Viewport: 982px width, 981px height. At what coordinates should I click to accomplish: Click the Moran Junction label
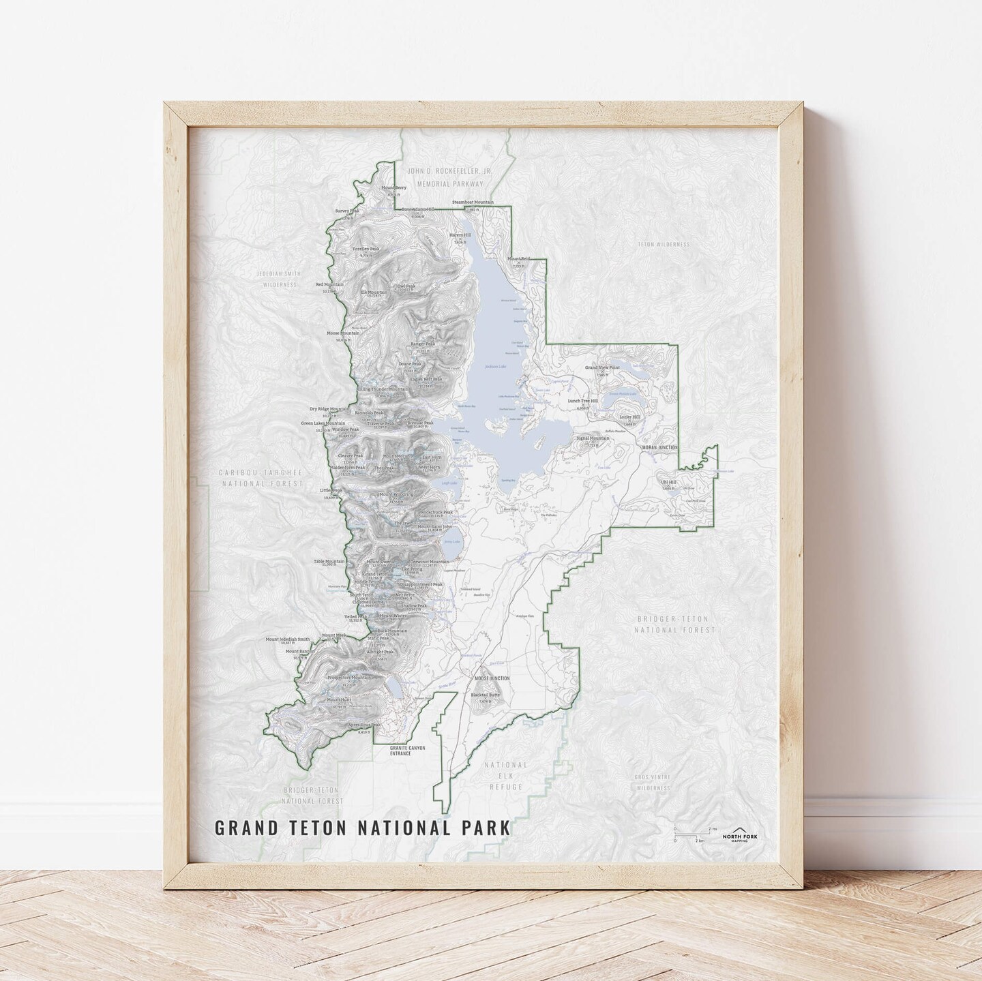[659, 448]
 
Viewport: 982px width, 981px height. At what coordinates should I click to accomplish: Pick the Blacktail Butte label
[486, 695]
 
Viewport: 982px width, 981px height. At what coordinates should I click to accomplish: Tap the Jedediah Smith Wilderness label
[278, 279]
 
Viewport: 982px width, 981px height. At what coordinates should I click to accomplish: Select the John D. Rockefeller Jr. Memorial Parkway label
[445, 179]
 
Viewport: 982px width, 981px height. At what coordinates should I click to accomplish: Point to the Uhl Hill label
[668, 481]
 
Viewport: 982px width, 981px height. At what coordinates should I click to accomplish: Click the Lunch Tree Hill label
[582, 402]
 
